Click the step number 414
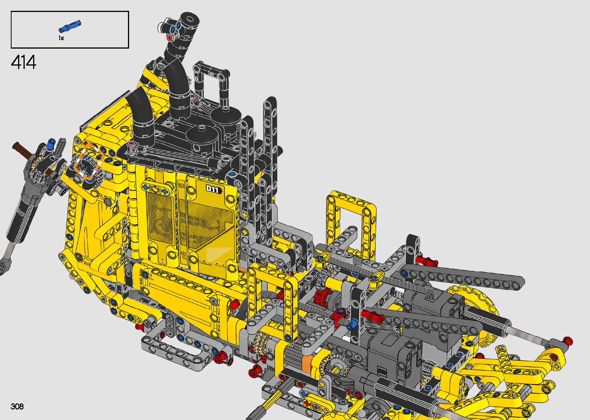pyautogui.click(x=24, y=62)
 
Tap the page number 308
pyautogui.click(x=17, y=406)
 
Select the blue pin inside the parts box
pyautogui.click(x=70, y=26)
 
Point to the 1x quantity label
pyautogui.click(x=61, y=38)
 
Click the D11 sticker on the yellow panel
pyautogui.click(x=213, y=189)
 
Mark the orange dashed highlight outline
pyautogui.click(x=88, y=162)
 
